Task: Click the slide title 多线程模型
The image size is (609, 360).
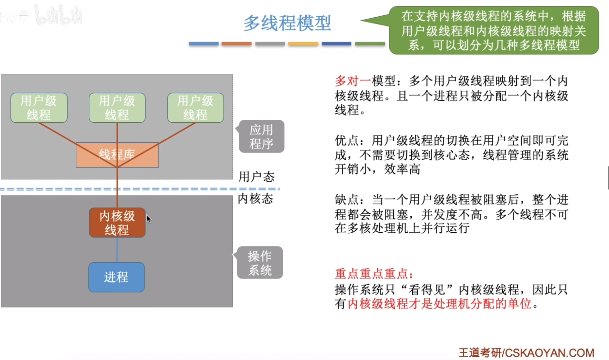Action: click(287, 23)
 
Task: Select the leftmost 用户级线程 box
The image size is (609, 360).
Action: click(39, 108)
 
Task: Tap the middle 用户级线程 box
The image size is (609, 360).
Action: click(117, 108)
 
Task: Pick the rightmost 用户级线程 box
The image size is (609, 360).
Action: click(195, 108)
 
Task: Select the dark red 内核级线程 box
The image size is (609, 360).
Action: click(117, 222)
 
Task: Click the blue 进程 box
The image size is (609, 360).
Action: click(116, 277)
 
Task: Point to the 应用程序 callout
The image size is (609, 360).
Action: click(261, 137)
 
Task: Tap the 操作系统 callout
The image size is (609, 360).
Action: click(260, 263)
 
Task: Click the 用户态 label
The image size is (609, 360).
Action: click(256, 177)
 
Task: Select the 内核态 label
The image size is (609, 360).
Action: click(255, 198)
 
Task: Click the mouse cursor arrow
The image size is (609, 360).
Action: click(149, 219)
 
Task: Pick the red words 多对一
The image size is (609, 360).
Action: click(353, 81)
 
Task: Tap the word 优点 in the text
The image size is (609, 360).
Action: click(347, 141)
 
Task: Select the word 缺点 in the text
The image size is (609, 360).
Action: click(347, 200)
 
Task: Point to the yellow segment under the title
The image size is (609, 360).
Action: click(303, 44)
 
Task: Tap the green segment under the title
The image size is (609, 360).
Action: click(370, 44)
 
